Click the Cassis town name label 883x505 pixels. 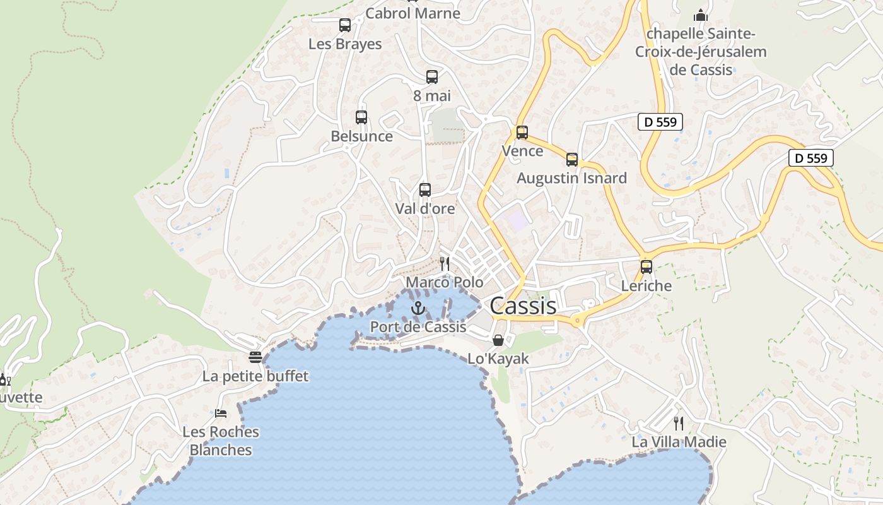pos(523,306)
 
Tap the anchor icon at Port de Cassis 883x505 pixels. pos(418,309)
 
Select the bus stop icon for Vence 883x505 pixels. pos(522,133)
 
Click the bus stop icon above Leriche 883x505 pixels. pos(646,267)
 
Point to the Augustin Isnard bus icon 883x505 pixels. pos(572,160)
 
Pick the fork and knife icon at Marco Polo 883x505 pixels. pos(445,264)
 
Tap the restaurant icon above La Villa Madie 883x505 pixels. pos(679,423)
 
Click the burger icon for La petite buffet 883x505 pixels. pos(255,358)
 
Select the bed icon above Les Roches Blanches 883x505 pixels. pos(221,413)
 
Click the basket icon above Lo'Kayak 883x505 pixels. pos(498,340)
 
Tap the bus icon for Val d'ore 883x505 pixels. pos(425,190)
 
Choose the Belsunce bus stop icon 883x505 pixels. pos(361,117)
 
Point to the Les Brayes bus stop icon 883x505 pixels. pos(345,25)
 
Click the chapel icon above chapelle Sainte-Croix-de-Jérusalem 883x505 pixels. pos(701,15)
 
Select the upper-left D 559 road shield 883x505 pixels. pos(660,122)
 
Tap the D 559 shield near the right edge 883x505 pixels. pos(810,158)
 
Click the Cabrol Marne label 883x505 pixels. pos(413,13)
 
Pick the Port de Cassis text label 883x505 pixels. pos(418,327)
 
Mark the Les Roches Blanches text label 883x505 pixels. pos(221,441)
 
